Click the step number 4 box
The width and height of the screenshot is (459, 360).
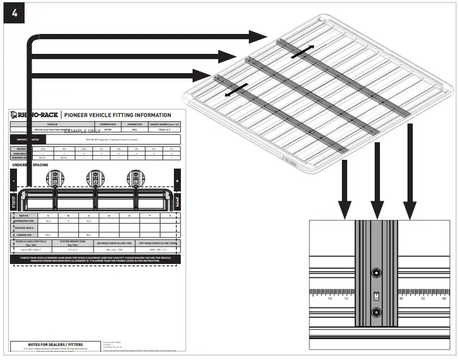tap(14, 14)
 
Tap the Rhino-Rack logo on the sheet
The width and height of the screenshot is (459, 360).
tap(35, 115)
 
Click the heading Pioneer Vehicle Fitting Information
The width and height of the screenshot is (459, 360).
tap(117, 115)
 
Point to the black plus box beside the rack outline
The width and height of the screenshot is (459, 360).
tap(177, 181)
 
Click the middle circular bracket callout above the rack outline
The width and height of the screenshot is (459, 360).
tap(95, 176)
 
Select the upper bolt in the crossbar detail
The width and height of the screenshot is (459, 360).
tap(376, 273)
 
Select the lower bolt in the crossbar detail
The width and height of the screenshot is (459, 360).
tap(376, 311)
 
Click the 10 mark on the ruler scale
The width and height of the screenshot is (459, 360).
tap(330, 299)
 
